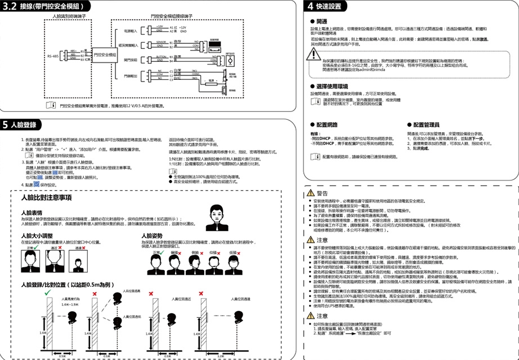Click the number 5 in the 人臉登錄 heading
(6, 124)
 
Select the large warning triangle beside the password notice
(312, 55)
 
